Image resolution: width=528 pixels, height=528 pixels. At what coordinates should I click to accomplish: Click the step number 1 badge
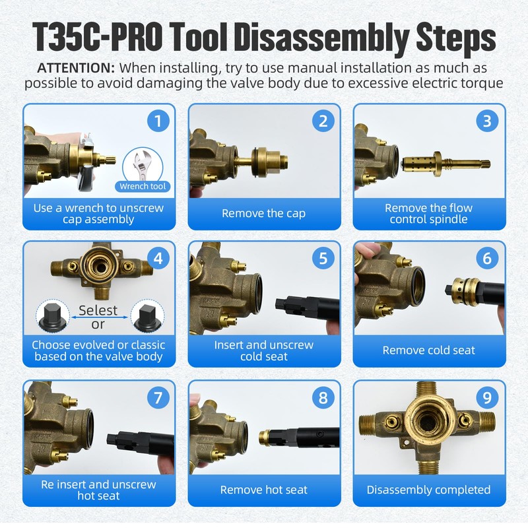click(158, 121)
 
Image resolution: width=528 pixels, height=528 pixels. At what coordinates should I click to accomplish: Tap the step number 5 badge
click(323, 258)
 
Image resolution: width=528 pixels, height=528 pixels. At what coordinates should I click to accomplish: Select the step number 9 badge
click(487, 398)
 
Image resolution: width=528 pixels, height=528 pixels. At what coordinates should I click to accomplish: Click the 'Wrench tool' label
click(143, 186)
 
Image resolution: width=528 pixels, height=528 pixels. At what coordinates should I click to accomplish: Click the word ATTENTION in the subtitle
click(76, 68)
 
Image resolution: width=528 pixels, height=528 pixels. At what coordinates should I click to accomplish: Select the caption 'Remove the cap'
click(263, 213)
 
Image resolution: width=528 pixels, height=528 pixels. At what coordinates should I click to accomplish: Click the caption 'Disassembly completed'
click(428, 490)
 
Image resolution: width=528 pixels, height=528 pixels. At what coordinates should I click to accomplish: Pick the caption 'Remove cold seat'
click(428, 350)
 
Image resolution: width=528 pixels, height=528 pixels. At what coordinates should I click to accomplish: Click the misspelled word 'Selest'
click(98, 310)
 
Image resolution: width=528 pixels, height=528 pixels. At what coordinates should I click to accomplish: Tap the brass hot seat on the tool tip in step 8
click(265, 438)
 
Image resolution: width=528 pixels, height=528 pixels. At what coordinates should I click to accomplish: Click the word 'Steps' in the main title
click(455, 38)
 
